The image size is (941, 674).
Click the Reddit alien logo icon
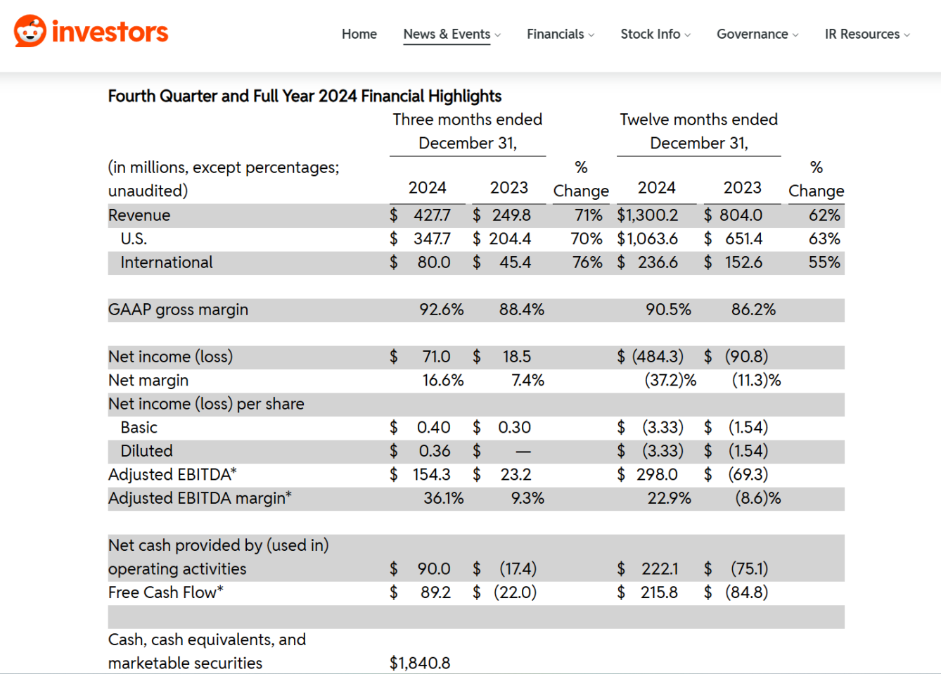coord(30,31)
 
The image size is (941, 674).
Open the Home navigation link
coord(359,34)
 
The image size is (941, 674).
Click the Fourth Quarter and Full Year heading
coord(305,96)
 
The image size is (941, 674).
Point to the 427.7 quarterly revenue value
coord(432,215)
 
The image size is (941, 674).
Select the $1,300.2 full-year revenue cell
coord(647,215)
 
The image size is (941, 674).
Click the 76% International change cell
coord(587,262)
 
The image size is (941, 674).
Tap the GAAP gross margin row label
coord(178,310)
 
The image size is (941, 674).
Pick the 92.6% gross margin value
coord(442,310)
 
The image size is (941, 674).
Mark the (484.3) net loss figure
coord(658,357)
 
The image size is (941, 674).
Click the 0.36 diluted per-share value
coord(435,451)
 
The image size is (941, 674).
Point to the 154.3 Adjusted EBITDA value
coord(431,474)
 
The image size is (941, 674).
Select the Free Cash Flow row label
coord(165,592)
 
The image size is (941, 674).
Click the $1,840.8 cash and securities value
coord(420,663)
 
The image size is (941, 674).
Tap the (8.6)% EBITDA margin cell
coord(758,498)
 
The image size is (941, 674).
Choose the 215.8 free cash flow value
coord(659,592)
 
